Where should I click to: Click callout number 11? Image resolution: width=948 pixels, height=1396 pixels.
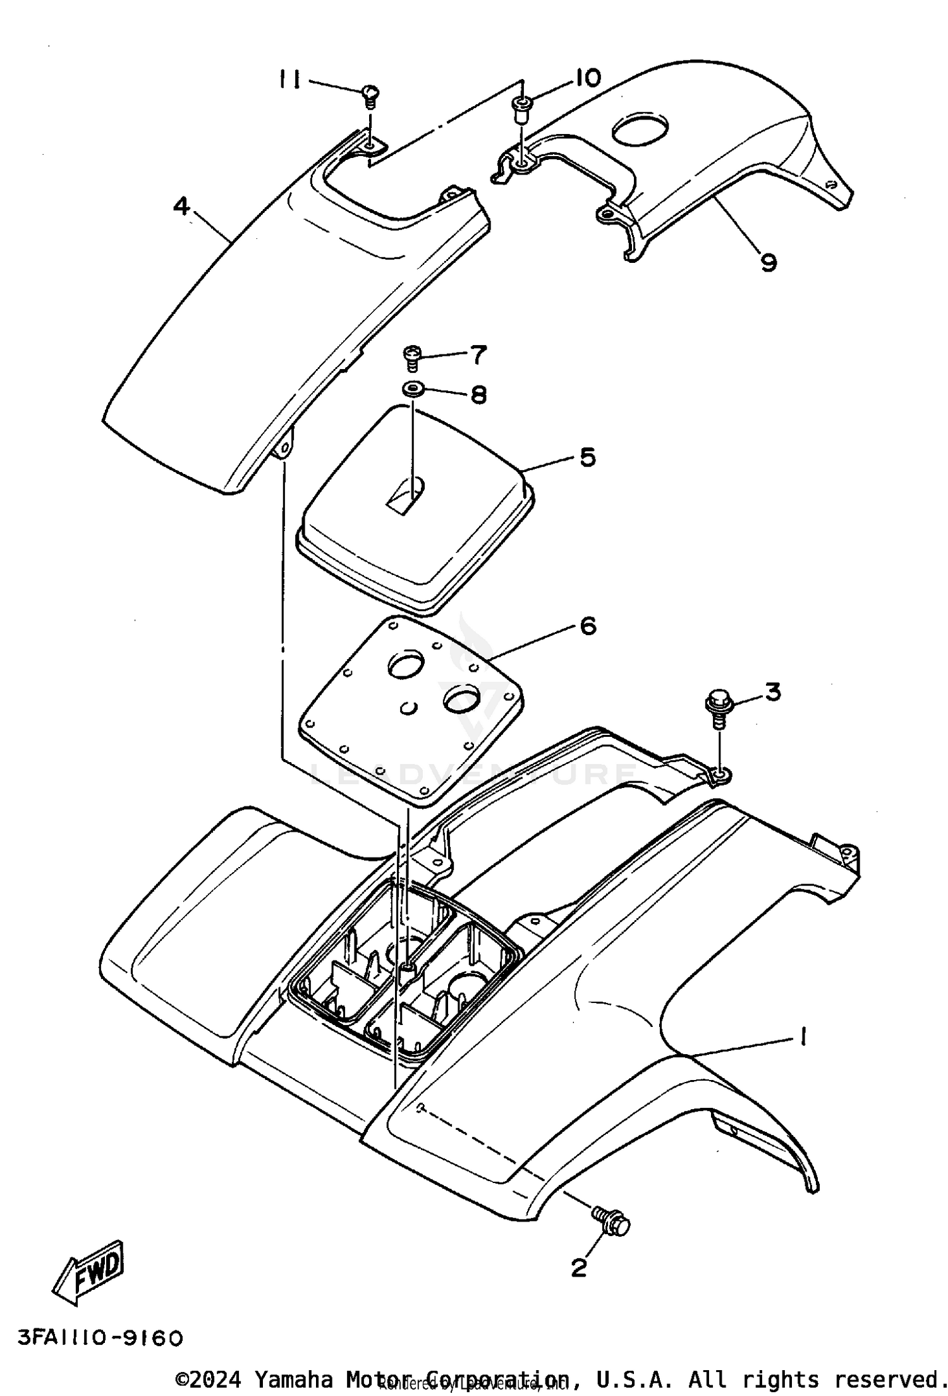(290, 80)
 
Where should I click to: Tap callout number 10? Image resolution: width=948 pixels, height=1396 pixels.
(587, 78)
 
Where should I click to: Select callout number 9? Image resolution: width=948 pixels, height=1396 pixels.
(768, 261)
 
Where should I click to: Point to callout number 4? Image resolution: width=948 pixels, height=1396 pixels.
(181, 207)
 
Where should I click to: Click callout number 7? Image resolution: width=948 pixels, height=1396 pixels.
(478, 355)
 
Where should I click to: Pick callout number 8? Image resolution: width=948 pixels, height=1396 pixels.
(478, 395)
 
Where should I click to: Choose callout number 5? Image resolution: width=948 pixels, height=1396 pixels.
(588, 457)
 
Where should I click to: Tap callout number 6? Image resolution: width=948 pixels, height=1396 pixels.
(588, 626)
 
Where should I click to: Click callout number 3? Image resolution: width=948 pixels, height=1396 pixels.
(772, 692)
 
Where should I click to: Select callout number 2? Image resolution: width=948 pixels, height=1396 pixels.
(579, 1262)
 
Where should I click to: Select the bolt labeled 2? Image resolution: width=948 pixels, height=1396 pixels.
(612, 1221)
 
